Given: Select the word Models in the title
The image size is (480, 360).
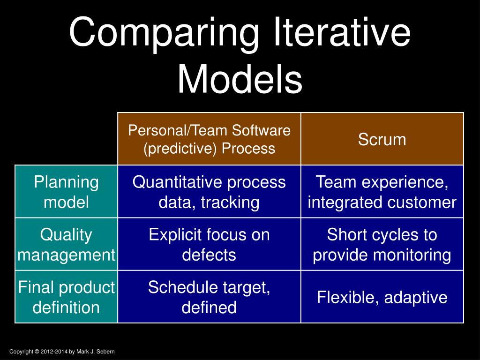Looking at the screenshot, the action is pyautogui.click(x=240, y=79).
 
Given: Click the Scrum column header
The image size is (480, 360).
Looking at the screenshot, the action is pyautogui.click(x=382, y=139).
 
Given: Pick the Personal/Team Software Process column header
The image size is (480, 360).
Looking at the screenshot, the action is pyautogui.click(x=209, y=139).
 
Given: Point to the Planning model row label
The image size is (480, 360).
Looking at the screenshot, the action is pyautogui.click(x=66, y=192).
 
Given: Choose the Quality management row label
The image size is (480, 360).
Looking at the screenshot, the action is pyautogui.click(x=66, y=244).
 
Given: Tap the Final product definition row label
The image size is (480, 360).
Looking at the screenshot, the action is pyautogui.click(x=66, y=297).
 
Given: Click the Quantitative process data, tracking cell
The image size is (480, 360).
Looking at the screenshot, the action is pyautogui.click(x=209, y=192).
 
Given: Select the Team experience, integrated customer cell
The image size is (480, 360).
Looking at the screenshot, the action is pyautogui.click(x=382, y=192).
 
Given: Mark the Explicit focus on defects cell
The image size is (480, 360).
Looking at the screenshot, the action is pyautogui.click(x=209, y=244).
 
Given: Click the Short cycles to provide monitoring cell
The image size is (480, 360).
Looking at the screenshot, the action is pyautogui.click(x=382, y=244).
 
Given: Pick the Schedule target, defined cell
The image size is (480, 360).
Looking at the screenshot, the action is pyautogui.click(x=209, y=297).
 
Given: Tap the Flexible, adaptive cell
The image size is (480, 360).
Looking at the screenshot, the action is pyautogui.click(x=382, y=297).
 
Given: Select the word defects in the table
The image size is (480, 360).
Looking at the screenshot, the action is pyautogui.click(x=209, y=255).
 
